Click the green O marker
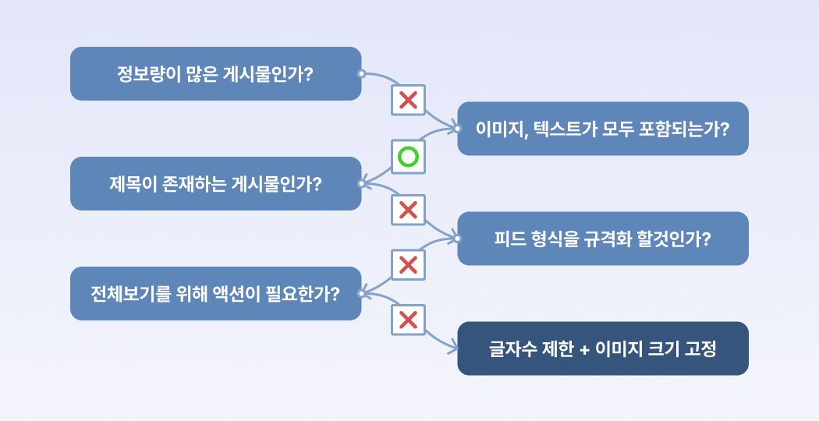tap(408, 157)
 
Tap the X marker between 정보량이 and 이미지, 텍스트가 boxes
tap(408, 100)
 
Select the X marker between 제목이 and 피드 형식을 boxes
tap(408, 210)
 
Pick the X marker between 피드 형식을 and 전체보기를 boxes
tap(408, 265)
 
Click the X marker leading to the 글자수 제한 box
tap(408, 320)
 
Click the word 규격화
tap(602, 239)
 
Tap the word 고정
tap(700, 348)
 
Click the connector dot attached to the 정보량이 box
tap(361, 73)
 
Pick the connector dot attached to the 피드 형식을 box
tap(458, 239)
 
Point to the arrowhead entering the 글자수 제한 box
tap(453, 348)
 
